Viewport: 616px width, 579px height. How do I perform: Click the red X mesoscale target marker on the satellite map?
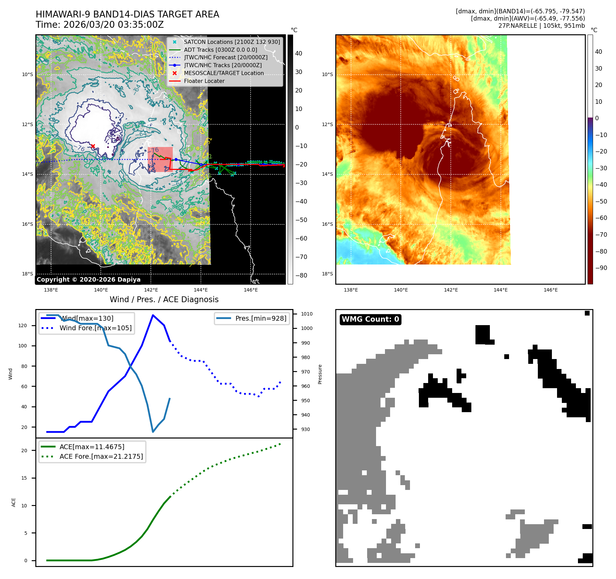coord(93,146)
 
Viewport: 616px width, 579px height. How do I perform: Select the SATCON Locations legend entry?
coord(232,42)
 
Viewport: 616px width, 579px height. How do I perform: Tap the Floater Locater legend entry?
coord(204,81)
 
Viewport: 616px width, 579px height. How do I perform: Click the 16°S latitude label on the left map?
coord(28,224)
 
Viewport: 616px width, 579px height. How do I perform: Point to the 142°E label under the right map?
coord(451,290)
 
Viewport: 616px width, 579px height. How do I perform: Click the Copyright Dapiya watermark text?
coord(88,280)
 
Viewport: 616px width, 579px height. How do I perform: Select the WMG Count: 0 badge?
coord(370,319)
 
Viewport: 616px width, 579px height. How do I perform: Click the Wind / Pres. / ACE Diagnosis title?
coord(164,300)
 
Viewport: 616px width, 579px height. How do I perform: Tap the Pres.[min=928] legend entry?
coord(261,319)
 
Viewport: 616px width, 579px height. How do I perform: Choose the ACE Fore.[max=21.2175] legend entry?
coord(101,457)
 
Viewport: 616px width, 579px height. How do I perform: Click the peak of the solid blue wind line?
coord(153,315)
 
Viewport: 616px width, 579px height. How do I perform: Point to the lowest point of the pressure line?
coord(153,432)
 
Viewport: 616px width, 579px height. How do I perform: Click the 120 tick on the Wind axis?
coord(23,326)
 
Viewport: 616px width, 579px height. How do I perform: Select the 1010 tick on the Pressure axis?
coord(306,314)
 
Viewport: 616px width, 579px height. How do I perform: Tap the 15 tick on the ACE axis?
coord(24,478)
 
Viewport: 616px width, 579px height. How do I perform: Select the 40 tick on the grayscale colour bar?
coord(299,53)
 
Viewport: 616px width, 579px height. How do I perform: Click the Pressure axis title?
coord(320,374)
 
